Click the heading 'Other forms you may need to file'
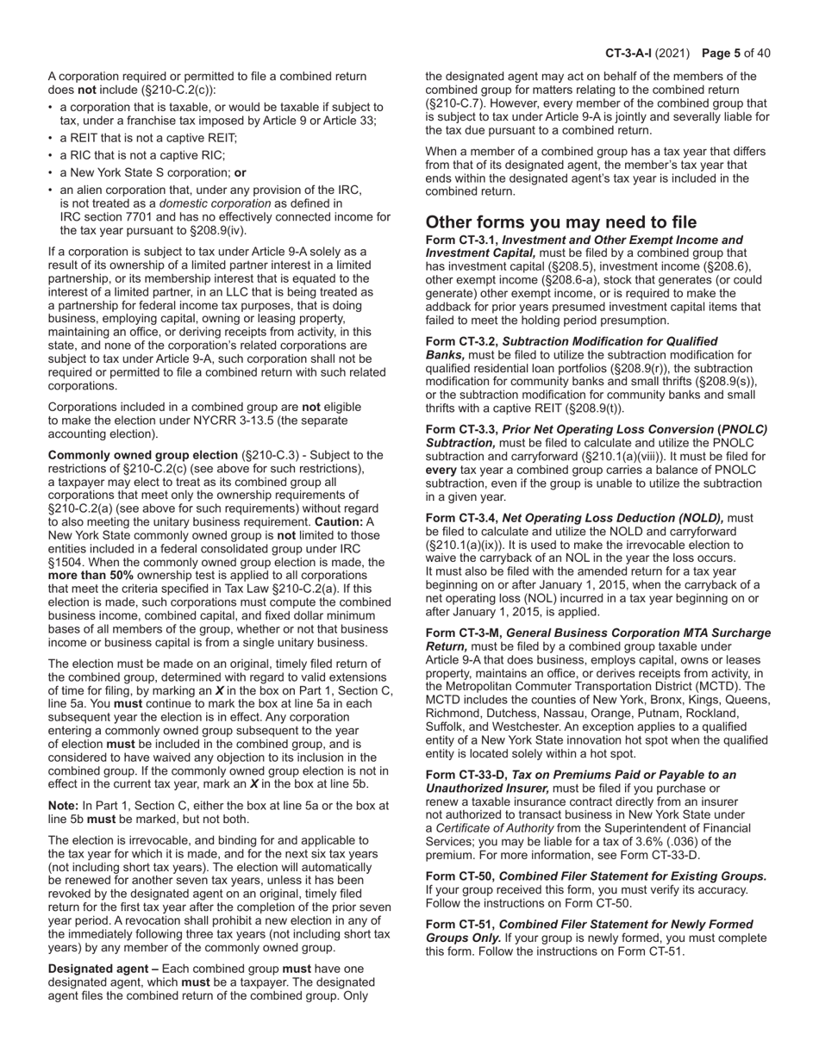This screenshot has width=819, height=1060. pos(561,221)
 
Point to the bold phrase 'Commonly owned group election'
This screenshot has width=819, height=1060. pos(141,455)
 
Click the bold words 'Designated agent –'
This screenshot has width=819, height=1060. pos(103,969)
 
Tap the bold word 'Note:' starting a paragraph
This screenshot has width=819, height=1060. pos(64,806)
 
